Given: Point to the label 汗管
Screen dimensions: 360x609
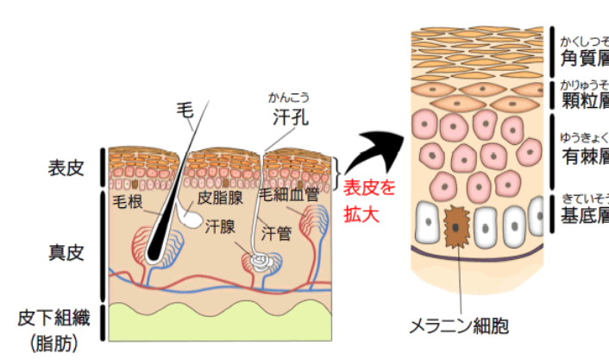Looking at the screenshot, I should click(x=275, y=232).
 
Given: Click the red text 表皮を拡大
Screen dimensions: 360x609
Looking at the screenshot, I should click(x=368, y=200).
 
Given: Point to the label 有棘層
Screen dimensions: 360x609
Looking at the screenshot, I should click(x=585, y=156).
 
